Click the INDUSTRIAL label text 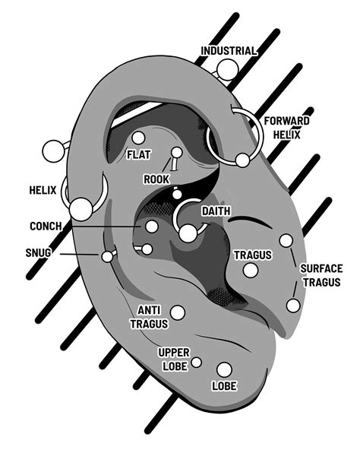229,51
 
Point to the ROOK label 156,179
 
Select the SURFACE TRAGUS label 321,274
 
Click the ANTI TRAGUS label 149,316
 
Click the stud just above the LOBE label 223,369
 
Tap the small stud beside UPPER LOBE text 197,362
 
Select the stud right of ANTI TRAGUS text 178,312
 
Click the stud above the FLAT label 137,138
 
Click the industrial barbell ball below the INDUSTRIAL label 226,70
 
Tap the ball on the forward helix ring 242,160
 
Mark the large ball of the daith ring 187,233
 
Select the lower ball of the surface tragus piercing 292,306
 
